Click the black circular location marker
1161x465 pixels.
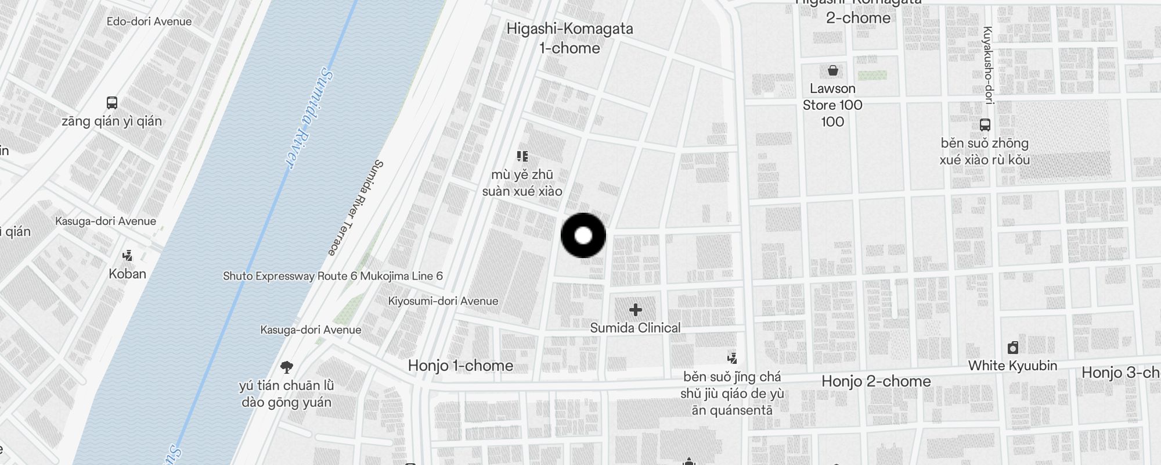(x=583, y=235)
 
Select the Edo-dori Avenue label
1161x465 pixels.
(x=149, y=22)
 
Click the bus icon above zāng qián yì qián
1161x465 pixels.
(x=112, y=103)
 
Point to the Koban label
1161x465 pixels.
(x=127, y=274)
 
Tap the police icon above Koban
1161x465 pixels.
(x=127, y=255)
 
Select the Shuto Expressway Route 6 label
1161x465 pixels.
(x=333, y=276)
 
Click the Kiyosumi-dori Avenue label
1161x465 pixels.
(x=443, y=301)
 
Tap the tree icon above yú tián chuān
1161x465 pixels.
(x=286, y=367)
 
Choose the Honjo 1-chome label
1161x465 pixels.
(x=460, y=366)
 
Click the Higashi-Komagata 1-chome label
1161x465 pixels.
(x=569, y=38)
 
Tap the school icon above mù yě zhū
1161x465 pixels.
(x=522, y=156)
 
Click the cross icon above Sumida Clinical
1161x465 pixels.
(x=635, y=310)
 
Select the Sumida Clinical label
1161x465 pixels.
(x=635, y=328)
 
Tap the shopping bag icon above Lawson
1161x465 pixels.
(x=832, y=71)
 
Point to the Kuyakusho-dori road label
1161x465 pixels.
(x=988, y=65)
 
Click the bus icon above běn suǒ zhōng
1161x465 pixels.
(x=985, y=124)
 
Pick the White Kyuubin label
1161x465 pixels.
(x=1012, y=366)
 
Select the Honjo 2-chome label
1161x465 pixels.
(x=876, y=381)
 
